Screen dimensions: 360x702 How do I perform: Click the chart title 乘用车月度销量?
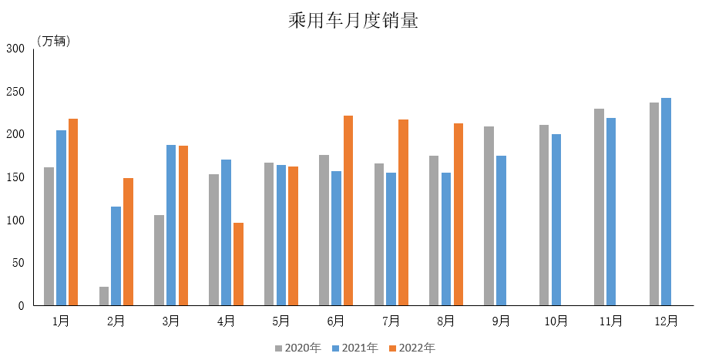(x=353, y=22)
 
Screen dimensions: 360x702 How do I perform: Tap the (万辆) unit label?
(x=54, y=41)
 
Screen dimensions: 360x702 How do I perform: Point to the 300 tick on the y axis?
(x=16, y=48)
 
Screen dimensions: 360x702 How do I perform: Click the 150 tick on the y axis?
(x=16, y=177)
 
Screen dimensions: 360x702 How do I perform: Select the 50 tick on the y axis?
(x=18, y=263)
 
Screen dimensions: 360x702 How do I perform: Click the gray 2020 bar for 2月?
(x=104, y=296)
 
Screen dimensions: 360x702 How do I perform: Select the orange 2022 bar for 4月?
(x=238, y=264)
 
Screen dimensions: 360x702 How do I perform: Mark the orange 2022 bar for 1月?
(x=73, y=212)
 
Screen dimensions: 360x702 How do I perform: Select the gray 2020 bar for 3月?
(x=159, y=261)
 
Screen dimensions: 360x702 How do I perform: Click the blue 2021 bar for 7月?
(x=391, y=239)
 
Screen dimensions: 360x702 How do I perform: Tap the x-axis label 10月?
(x=556, y=321)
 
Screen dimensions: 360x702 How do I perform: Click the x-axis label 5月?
(x=281, y=321)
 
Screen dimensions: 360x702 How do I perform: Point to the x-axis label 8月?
(x=446, y=321)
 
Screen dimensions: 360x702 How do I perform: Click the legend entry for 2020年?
(x=297, y=348)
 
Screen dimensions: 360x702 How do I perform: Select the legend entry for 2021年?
(x=355, y=348)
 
